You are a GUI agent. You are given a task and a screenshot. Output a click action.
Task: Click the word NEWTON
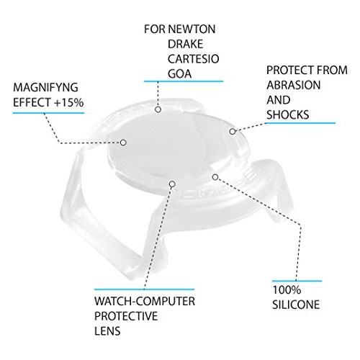point(192,30)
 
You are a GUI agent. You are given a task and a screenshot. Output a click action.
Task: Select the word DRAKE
point(186,44)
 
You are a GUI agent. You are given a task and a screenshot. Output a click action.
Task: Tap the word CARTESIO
point(194,59)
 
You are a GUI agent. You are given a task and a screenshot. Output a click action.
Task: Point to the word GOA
point(179,73)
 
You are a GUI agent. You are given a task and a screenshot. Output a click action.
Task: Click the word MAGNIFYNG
point(45,87)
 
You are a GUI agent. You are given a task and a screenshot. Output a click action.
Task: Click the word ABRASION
point(294,85)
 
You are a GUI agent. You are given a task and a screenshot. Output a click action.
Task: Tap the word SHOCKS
point(288,114)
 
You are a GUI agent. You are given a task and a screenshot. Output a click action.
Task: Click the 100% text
point(287,290)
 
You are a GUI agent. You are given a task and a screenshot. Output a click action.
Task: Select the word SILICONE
point(296,305)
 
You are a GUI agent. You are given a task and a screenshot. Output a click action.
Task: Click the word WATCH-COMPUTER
point(145,302)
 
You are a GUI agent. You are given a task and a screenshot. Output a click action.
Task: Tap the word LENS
point(107,331)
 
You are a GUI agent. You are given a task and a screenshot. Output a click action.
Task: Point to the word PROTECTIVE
point(126,316)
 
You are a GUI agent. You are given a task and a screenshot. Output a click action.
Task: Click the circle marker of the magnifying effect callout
point(123,143)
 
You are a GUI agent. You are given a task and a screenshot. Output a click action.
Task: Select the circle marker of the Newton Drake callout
point(158,109)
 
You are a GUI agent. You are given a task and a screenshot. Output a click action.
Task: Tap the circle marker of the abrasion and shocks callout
point(233,132)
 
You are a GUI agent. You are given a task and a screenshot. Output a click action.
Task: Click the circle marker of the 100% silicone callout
point(215,177)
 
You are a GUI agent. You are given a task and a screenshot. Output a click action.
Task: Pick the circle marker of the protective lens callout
point(172,184)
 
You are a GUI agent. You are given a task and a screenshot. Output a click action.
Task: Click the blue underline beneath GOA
point(184,81)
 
